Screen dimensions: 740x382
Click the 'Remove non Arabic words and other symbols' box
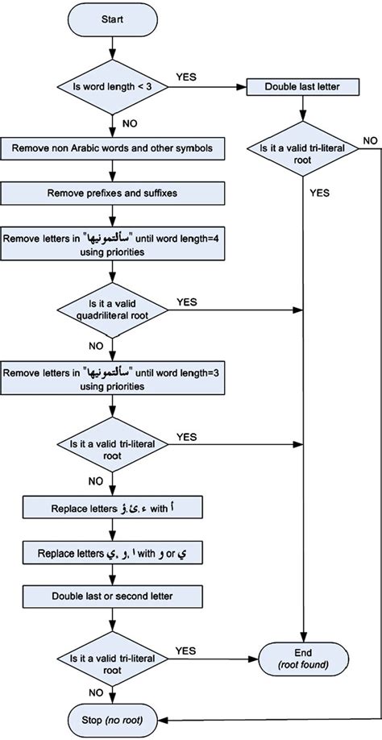point(112,148)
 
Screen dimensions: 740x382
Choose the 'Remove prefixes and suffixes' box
point(112,193)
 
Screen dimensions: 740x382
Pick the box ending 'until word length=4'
point(112,244)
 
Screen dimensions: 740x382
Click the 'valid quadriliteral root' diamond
point(112,309)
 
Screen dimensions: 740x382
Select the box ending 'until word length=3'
point(112,379)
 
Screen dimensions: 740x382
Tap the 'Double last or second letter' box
point(112,598)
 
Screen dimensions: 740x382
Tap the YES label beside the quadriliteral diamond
point(186,301)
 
